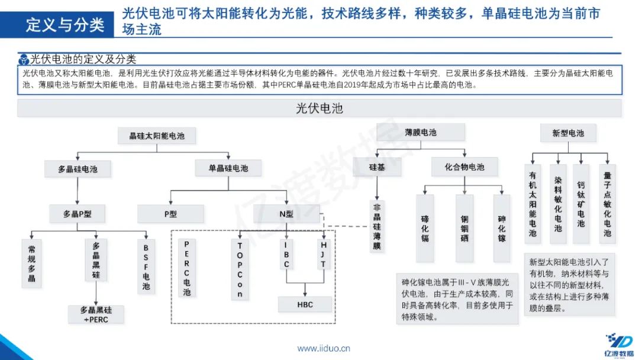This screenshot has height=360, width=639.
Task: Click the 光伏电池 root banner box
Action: pos(319,108)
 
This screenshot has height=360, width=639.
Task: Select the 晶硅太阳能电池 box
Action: pos(157,136)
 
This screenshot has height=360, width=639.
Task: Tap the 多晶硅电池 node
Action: pos(78,169)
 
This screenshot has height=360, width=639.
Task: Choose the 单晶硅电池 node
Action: pos(228,168)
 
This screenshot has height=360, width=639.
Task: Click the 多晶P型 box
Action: pos(78,214)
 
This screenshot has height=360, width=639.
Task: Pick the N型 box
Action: pos(286,214)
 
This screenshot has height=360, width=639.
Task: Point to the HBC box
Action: pos(305,304)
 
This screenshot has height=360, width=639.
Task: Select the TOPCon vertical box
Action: pos(240,269)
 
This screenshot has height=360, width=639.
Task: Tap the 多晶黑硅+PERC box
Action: pos(96,314)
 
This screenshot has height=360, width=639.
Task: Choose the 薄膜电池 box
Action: pos(421,133)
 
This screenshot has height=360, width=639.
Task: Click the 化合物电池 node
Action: pos(464,168)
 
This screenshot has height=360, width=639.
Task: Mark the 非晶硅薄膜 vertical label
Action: pos(377,226)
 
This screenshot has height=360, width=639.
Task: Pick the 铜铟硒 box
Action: pos(464,229)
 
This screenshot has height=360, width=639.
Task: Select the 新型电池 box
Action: pos(568,133)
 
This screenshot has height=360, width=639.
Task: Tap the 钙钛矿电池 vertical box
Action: pos(581,204)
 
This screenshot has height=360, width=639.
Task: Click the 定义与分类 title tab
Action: pos(66,24)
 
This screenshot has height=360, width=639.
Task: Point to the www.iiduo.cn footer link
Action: pos(324,348)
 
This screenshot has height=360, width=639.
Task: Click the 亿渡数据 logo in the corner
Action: pos(618,345)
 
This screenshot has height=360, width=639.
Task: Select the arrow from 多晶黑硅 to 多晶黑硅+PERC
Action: pos(96,295)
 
